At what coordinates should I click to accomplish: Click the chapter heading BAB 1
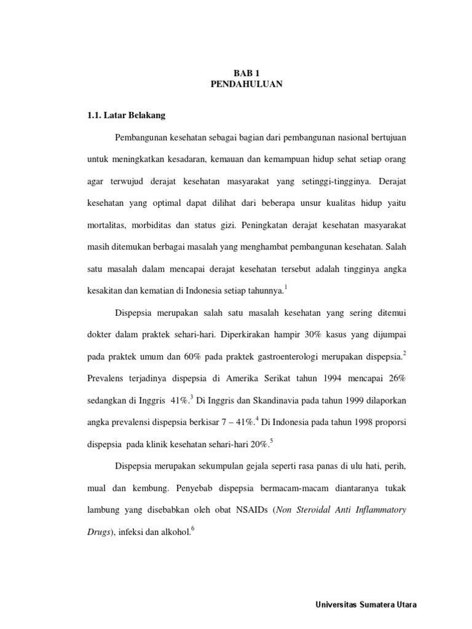(x=246, y=73)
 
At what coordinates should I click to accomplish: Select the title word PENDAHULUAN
(x=246, y=85)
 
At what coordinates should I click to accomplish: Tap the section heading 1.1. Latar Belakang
(x=122, y=115)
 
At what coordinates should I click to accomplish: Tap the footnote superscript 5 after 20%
(x=271, y=440)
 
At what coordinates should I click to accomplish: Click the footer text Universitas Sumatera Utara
(x=365, y=604)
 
